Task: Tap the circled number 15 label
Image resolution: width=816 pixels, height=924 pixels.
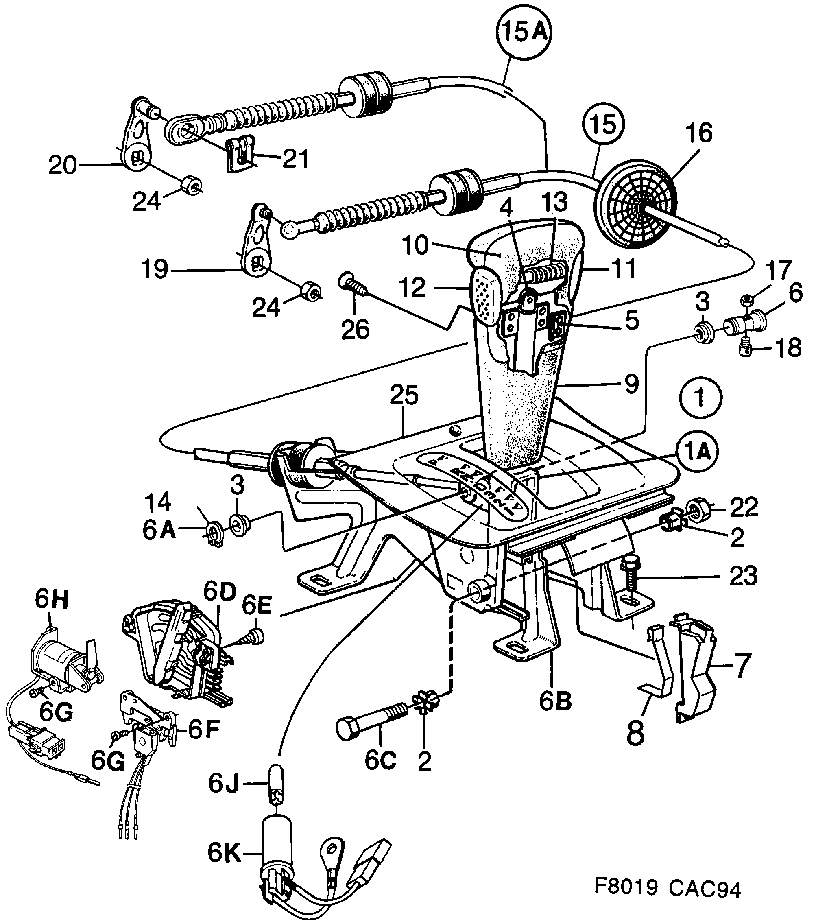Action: click(602, 125)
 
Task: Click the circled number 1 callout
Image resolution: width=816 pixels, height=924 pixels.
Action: click(700, 398)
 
